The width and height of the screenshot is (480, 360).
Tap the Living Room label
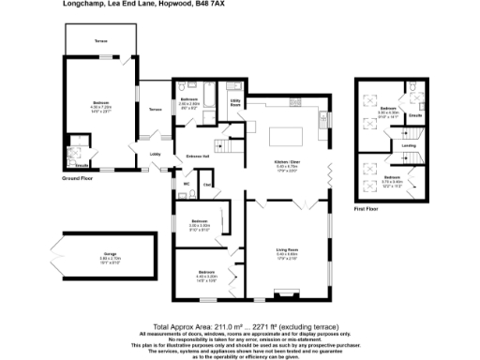click(x=287, y=250)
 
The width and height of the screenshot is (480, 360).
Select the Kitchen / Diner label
click(x=287, y=163)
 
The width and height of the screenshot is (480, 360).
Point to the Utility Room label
click(x=235, y=102)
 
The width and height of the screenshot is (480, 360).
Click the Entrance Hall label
click(x=197, y=156)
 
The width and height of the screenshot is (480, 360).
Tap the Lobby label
click(x=156, y=155)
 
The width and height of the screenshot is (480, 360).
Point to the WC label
click(x=187, y=183)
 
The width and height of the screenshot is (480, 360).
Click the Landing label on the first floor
click(x=409, y=145)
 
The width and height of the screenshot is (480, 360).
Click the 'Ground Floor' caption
click(x=78, y=176)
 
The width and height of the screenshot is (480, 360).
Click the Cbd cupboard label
click(x=207, y=185)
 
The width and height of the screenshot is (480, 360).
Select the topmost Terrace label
click(x=100, y=42)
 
